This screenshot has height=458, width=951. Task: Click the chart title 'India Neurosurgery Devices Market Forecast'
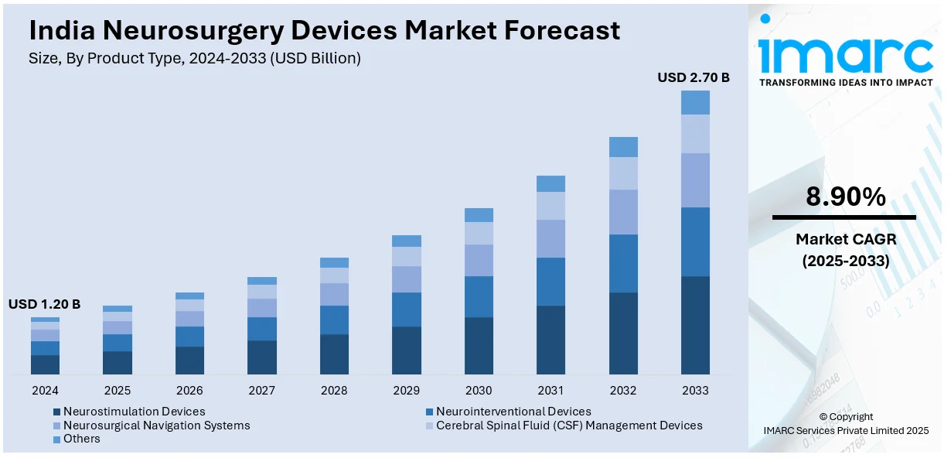click(324, 30)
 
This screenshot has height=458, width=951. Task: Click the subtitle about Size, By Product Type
click(195, 58)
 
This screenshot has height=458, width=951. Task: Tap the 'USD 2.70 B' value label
click(694, 77)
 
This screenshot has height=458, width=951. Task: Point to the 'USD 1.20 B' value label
click(44, 304)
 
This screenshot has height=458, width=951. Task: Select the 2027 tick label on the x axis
click(262, 391)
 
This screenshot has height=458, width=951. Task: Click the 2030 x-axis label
click(479, 391)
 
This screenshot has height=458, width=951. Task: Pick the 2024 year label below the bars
click(45, 391)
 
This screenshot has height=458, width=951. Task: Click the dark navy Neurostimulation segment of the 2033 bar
click(695, 325)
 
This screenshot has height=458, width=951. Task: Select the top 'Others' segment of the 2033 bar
click(695, 102)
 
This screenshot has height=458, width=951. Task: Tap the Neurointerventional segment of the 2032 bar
click(623, 263)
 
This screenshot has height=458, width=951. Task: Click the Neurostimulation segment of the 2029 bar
click(407, 350)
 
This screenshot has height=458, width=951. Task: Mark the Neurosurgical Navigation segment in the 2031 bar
click(550, 238)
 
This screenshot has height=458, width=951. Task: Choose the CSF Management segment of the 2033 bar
click(695, 134)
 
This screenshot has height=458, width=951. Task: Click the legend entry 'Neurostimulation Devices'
click(134, 412)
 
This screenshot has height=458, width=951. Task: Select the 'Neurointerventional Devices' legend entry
click(513, 412)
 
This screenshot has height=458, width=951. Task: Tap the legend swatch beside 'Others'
click(56, 439)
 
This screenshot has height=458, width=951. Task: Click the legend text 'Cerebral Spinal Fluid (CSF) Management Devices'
click(568, 426)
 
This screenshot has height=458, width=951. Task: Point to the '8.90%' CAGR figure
click(845, 197)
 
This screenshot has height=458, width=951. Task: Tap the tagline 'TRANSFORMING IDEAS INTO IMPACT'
click(846, 82)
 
